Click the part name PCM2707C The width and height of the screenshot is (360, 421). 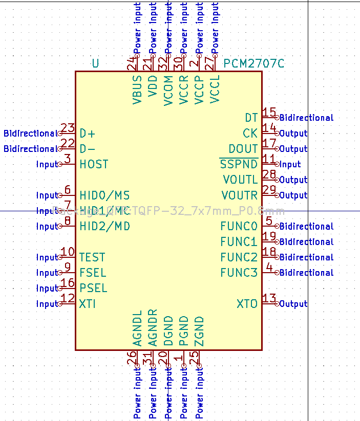pos(253,63)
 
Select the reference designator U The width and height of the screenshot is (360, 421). pos(95,63)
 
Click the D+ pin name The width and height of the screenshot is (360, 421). pos(88,134)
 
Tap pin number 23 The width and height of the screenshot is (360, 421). pos(68,128)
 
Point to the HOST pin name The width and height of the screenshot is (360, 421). pos(94,164)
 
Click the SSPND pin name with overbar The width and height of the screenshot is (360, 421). pos(239,164)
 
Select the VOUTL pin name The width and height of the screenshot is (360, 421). pos(240,180)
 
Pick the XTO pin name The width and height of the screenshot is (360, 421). pos(247,304)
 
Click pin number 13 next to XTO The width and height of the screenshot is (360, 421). pos(269,298)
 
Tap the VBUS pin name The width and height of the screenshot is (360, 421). pos(137,90)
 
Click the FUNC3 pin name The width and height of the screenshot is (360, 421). pos(239,273)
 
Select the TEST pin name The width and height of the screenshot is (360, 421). pos(92,257)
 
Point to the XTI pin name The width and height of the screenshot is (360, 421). pos(88,304)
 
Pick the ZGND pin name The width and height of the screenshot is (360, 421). pos(200,331)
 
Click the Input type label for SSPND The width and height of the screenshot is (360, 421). pos(290,165)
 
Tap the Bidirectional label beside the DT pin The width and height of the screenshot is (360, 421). pos(306,118)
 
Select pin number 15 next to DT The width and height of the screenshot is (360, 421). pos(269,113)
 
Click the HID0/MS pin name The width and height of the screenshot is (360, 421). pos(104,195)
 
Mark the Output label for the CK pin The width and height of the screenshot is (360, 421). pos(293,134)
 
